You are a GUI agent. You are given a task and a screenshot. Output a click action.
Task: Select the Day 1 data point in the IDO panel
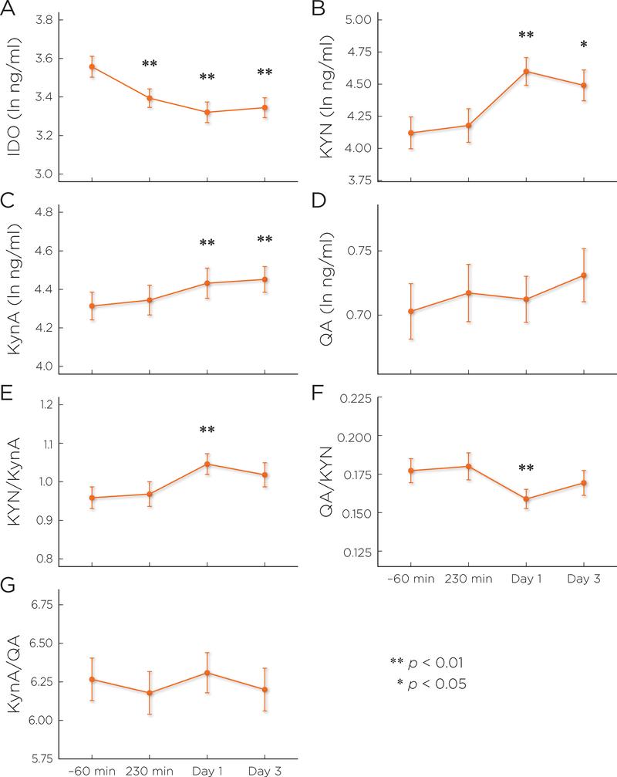pos(207,112)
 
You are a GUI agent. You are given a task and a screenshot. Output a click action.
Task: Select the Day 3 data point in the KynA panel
pos(265,279)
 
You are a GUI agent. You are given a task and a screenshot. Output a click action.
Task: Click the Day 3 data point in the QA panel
pos(583,275)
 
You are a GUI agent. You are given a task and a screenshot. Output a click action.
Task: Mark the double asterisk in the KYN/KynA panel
pos(207,431)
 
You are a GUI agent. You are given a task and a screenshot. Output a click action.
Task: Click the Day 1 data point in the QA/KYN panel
pos(526,498)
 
